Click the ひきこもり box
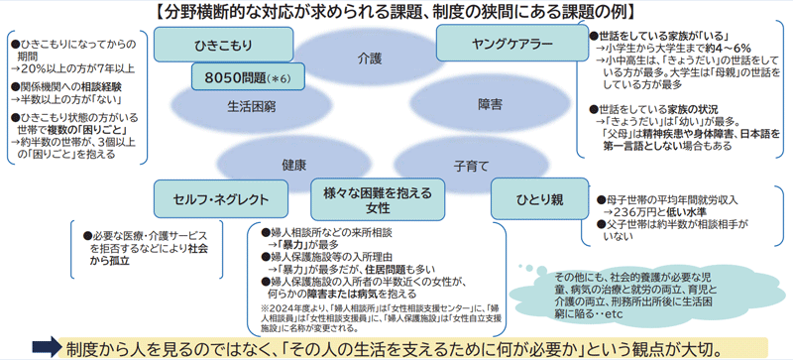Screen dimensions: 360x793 click(x=224, y=45)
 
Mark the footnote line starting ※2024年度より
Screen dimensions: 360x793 click(x=297, y=308)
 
